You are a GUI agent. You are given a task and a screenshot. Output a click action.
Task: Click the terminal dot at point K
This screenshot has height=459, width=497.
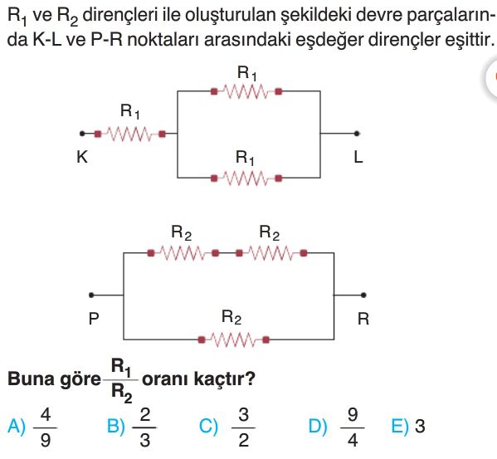82,134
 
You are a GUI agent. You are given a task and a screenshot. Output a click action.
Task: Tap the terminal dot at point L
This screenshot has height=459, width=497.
357,134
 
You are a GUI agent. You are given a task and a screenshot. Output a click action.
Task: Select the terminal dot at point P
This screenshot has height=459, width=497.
91,295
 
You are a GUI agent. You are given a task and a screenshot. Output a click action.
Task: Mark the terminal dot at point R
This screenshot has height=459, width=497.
363,295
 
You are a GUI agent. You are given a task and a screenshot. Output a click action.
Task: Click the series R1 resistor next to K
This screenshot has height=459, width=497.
130,134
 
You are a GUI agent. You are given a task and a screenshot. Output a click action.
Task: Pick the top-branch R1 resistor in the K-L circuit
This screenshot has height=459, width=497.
246,91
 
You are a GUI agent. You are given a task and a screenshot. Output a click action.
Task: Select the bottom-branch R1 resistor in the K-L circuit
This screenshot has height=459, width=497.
246,178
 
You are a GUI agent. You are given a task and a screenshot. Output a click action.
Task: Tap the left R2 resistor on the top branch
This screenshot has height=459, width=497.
183,253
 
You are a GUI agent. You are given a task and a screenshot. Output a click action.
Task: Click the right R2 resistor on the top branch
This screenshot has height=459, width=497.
271,253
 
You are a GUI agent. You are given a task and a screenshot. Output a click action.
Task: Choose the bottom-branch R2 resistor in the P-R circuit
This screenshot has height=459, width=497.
234,339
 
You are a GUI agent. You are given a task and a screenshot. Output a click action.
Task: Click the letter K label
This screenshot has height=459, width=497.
82,157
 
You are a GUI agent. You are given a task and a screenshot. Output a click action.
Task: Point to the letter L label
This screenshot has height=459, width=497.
358,157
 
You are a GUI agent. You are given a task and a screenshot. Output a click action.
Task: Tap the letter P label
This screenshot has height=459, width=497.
94,319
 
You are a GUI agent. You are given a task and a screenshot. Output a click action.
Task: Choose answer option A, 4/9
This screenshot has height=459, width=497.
32,427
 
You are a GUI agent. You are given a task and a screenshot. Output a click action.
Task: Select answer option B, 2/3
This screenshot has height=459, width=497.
132,427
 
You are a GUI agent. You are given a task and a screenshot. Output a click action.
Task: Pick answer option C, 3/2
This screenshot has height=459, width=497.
227,427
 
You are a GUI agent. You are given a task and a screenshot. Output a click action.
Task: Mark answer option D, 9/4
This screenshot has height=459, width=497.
337,427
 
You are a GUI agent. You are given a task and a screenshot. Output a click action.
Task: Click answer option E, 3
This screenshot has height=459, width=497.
408,426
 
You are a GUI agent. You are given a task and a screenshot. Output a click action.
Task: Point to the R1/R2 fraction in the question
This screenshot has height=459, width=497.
121,381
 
